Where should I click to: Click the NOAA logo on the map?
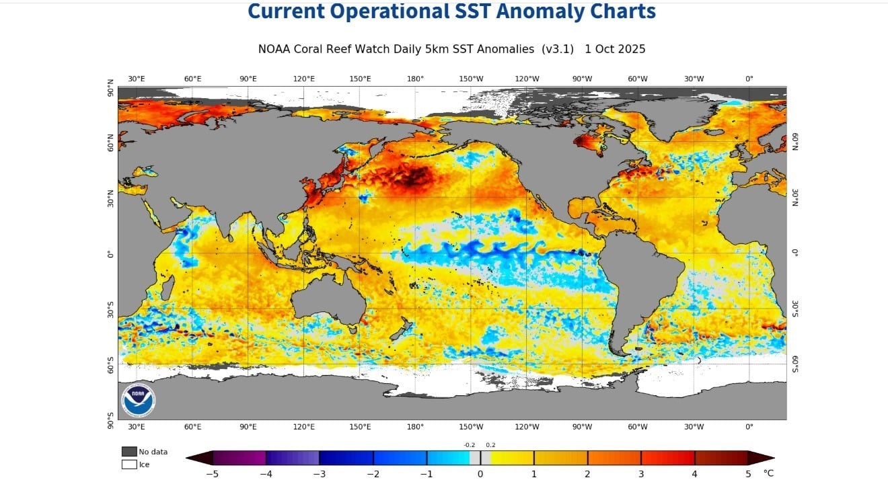coord(138,401)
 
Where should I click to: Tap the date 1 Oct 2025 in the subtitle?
coord(615,49)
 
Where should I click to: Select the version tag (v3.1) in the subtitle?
coord(558,49)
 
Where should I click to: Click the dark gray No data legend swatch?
coord(129,452)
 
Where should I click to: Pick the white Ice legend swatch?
coord(129,464)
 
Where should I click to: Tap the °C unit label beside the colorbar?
coord(768,473)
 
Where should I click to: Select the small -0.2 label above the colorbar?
coord(469,445)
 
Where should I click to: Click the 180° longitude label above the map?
coord(415,79)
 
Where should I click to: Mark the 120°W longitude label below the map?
coord(527,427)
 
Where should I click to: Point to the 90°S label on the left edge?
coord(111,421)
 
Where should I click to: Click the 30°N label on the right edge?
coord(794,196)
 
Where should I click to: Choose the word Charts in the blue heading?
coord(620,11)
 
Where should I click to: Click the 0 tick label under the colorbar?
coord(480,473)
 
